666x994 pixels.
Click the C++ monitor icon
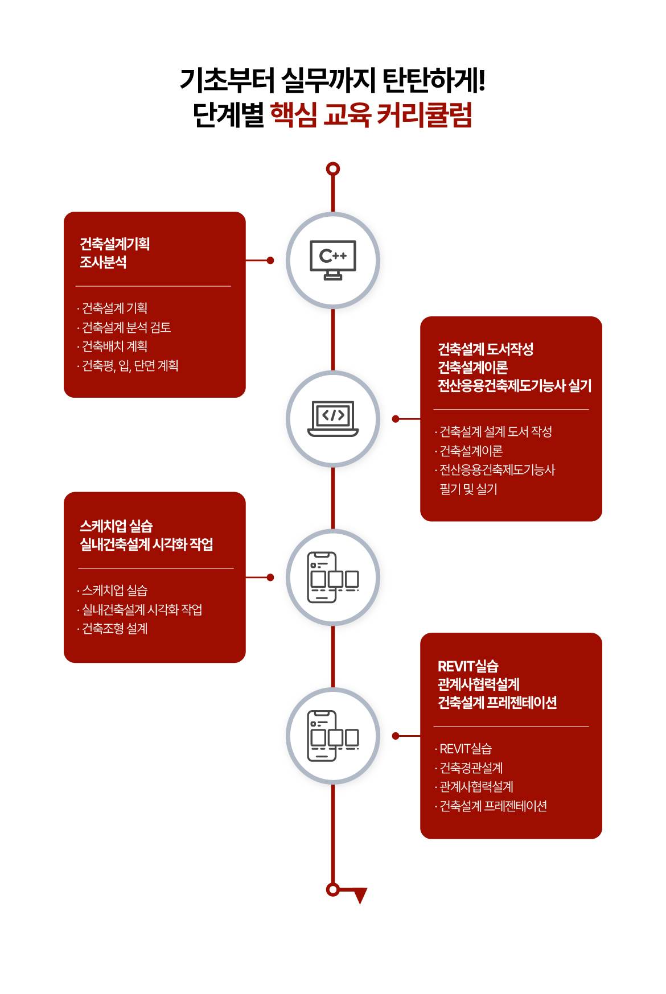point(333,260)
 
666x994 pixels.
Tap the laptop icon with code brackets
point(333,419)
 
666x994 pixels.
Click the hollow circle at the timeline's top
point(333,169)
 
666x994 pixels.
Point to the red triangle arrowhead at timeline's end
point(360,896)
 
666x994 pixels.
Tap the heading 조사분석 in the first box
point(103,262)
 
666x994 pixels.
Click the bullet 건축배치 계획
point(114,346)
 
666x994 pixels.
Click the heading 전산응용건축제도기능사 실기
point(515,386)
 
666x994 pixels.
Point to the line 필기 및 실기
point(468,489)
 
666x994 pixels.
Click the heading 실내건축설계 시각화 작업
point(146,545)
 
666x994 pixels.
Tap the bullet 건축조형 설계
point(114,628)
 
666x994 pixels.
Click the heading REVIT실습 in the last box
point(468,666)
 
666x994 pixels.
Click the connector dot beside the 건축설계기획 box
point(270,261)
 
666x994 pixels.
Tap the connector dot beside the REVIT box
point(396,736)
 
